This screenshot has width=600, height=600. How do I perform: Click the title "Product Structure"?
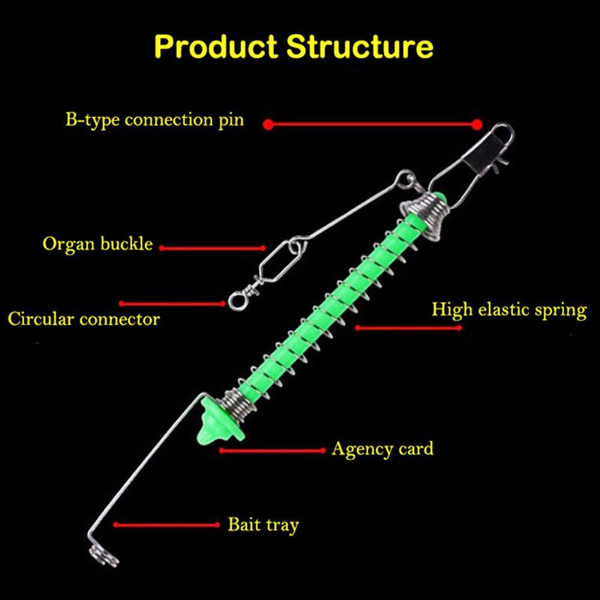(x=294, y=46)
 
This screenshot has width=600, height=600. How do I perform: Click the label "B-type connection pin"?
(x=155, y=119)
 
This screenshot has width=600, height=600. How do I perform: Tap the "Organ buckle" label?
(x=98, y=245)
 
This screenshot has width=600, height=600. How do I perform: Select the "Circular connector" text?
(x=84, y=319)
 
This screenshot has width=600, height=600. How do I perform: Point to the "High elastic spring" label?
(x=509, y=310)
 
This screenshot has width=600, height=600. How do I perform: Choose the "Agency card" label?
(x=382, y=449)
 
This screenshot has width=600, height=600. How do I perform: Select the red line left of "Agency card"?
(x=273, y=449)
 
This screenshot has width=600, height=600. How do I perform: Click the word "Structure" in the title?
(x=359, y=46)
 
